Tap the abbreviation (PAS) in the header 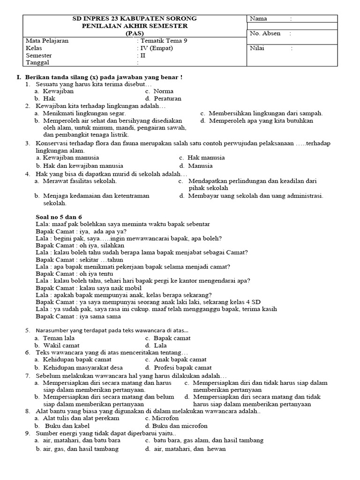click(x=135, y=33)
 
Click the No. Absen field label click(x=264, y=33)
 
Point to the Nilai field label click(x=257, y=48)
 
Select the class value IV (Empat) click(x=157, y=48)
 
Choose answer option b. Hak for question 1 click(x=45, y=99)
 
